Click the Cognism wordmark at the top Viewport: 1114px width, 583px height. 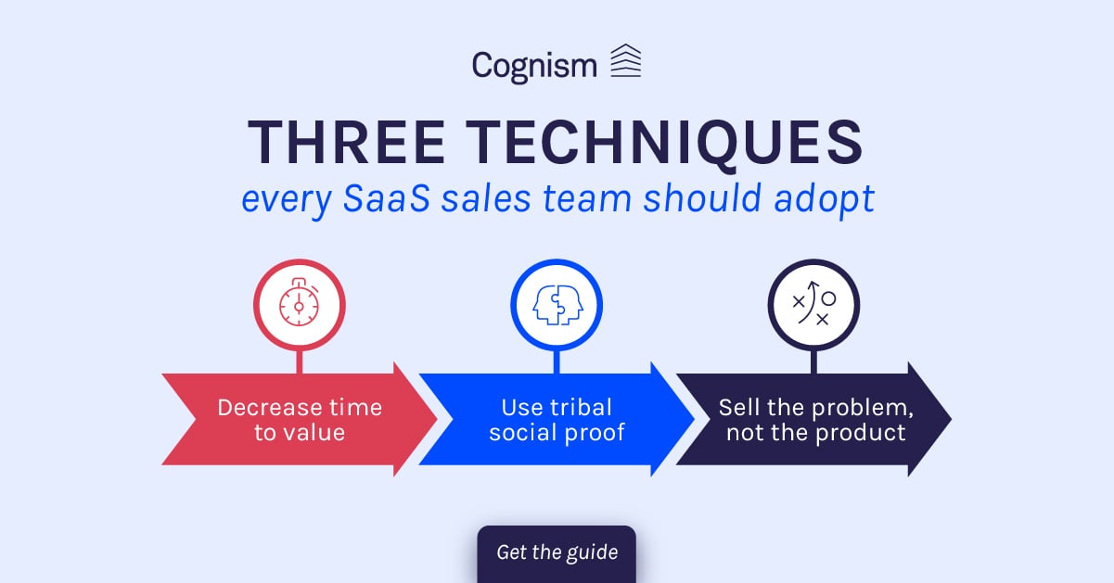[x=534, y=65]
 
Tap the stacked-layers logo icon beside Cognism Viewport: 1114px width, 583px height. [x=626, y=61]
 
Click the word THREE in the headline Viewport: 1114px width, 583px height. [x=348, y=143]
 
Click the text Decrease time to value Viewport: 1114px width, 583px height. [x=300, y=420]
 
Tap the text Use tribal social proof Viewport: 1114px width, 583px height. [x=557, y=420]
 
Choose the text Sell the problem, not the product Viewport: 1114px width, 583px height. [x=814, y=420]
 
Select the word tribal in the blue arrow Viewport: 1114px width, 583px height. [x=580, y=408]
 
